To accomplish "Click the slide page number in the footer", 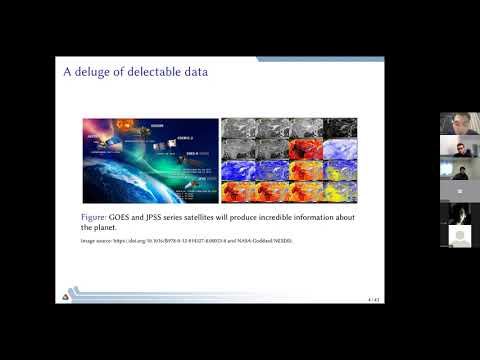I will (x=374, y=298).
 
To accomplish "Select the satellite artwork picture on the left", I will (x=149, y=160).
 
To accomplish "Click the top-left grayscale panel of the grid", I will (x=237, y=128).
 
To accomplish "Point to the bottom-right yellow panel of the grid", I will (x=340, y=191).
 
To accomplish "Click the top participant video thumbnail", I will (x=455, y=123).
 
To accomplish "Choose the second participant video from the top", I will (x=455, y=146).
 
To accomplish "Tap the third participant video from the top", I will (x=455, y=168).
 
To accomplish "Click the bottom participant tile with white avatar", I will (x=455, y=235).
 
